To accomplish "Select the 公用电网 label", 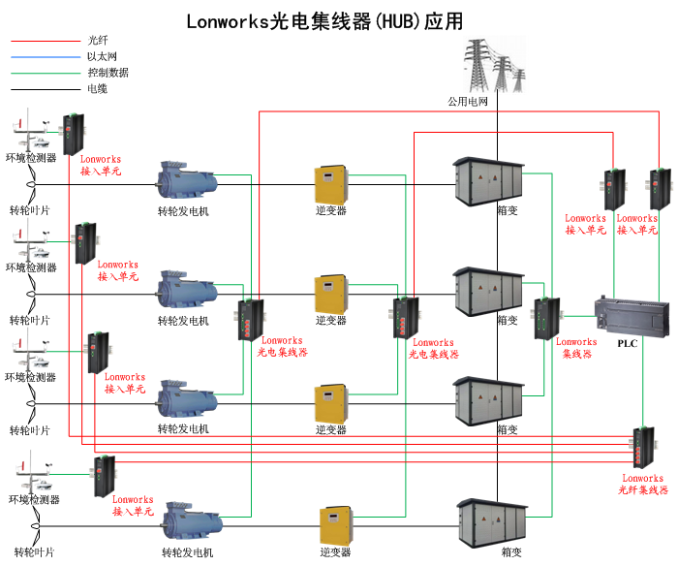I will coord(468,101).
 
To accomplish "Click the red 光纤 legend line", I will coord(44,41).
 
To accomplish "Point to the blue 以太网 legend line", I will coord(44,56).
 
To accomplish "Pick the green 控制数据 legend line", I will coord(44,72).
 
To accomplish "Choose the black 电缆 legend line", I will coord(44,88).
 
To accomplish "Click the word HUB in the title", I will coord(398,21).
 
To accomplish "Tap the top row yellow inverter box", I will coord(330,183).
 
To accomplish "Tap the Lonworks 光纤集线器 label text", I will coord(642,485).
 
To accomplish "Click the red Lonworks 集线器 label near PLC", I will coord(576,348).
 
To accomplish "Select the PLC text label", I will coord(629,343).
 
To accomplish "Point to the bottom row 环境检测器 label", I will coord(34,500).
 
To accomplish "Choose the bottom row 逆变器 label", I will coord(334,552).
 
